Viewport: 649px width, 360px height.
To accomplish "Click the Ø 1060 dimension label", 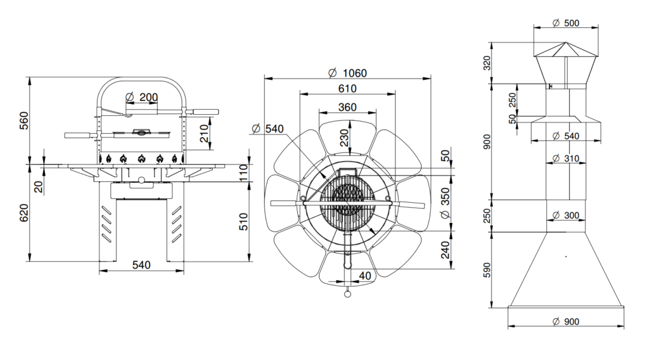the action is point(347,74).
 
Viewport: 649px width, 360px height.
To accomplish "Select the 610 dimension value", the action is point(347,89).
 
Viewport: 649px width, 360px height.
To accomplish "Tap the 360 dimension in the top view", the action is point(347,107).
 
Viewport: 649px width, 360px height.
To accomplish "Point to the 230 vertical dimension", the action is point(345,138).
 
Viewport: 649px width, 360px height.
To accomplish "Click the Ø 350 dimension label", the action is point(445,203).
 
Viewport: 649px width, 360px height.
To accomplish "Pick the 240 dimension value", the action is point(445,250).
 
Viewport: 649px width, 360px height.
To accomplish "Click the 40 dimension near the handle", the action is point(365,276).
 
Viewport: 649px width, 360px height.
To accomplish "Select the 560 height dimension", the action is point(25,120).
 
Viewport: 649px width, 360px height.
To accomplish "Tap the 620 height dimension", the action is point(25,213).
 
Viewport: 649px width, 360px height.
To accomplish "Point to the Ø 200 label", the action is point(141,97).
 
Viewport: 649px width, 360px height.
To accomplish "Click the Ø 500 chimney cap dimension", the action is point(566,23).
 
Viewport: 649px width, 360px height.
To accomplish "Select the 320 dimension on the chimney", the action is point(487,63).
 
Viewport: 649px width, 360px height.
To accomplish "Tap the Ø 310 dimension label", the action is point(566,158).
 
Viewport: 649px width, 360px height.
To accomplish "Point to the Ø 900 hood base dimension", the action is point(566,321).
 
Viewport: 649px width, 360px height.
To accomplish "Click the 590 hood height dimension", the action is point(487,270).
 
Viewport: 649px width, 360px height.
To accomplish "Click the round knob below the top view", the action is point(347,293).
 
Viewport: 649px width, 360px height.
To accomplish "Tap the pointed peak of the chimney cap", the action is point(565,42).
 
